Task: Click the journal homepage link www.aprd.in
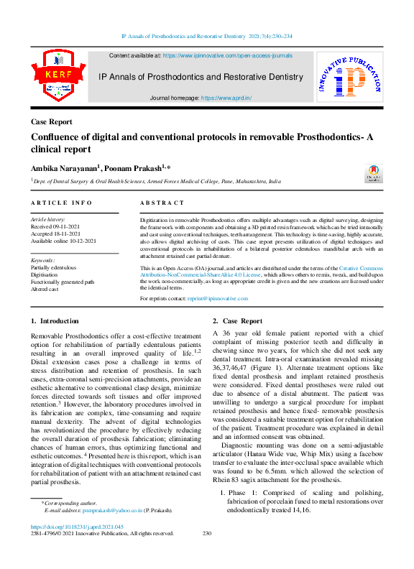pos(226,98)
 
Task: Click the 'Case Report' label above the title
pos(51,122)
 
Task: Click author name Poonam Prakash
pos(134,168)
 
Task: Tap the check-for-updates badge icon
pos(373,174)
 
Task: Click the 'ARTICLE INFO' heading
pos(61,203)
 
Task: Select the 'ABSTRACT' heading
pos(162,203)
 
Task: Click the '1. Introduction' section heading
pos(55,321)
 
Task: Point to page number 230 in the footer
pos(207,533)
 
